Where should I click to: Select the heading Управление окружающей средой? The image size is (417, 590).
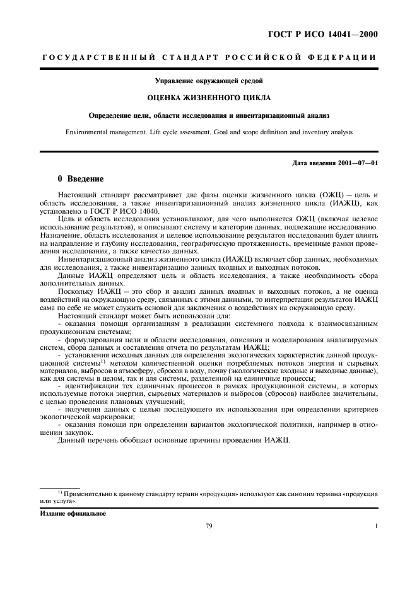tap(208, 81)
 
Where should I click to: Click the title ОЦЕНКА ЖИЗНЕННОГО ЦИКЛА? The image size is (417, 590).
tap(208, 98)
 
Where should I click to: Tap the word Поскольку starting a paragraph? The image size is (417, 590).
tap(74, 292)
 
